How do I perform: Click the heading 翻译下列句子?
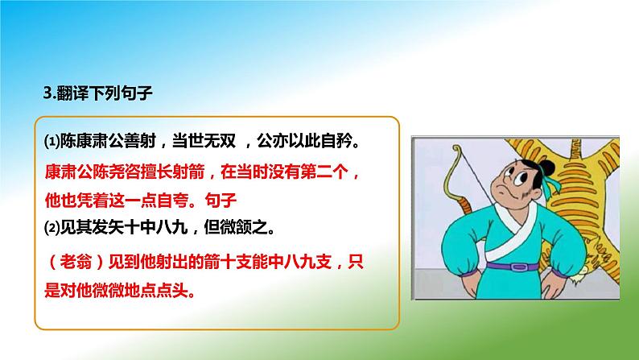coord(101,93)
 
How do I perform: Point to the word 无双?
coord(217,143)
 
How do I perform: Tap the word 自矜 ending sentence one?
coord(334,143)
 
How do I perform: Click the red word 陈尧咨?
coord(113,172)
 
